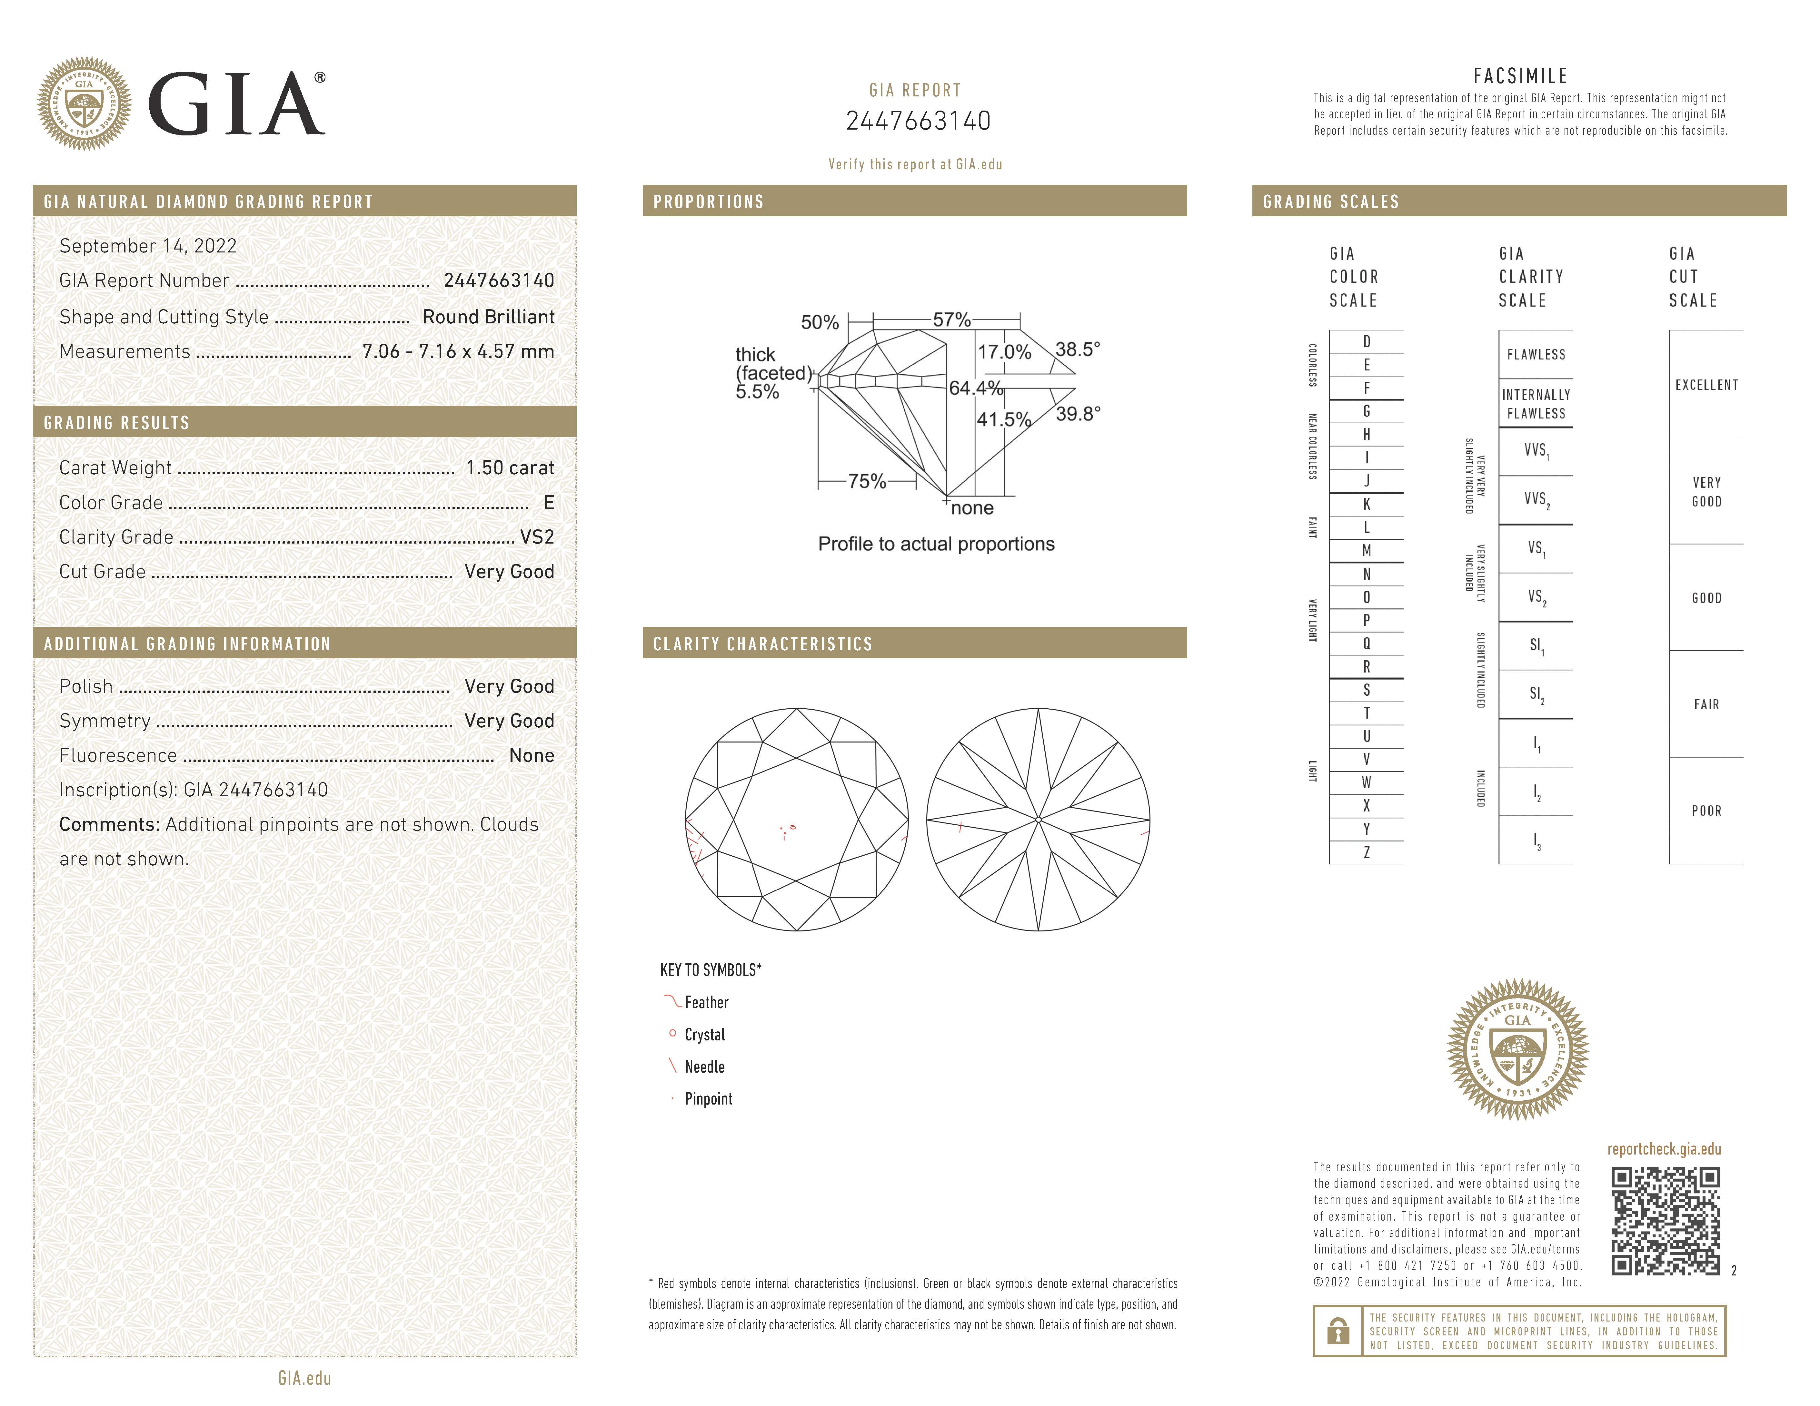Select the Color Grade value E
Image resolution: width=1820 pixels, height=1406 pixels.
[548, 502]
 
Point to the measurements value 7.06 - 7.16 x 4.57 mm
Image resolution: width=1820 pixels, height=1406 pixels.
[458, 351]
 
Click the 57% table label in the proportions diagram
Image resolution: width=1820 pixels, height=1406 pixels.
[952, 320]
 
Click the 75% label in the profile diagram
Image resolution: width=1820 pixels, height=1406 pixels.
[867, 481]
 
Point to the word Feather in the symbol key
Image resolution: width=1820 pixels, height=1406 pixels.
[706, 1003]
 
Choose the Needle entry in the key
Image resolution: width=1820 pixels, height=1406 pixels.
[704, 1067]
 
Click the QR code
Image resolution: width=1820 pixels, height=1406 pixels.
[1665, 1221]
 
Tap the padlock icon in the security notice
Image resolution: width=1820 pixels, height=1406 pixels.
[1338, 1331]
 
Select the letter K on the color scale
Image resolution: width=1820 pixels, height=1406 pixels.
[1367, 504]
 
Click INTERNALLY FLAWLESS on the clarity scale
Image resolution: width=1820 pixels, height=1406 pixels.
[1536, 404]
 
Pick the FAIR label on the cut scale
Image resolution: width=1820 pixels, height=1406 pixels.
[1706, 705]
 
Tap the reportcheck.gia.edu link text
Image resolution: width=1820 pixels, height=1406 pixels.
[1663, 1149]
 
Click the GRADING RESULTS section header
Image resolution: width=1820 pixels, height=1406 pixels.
[117, 423]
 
